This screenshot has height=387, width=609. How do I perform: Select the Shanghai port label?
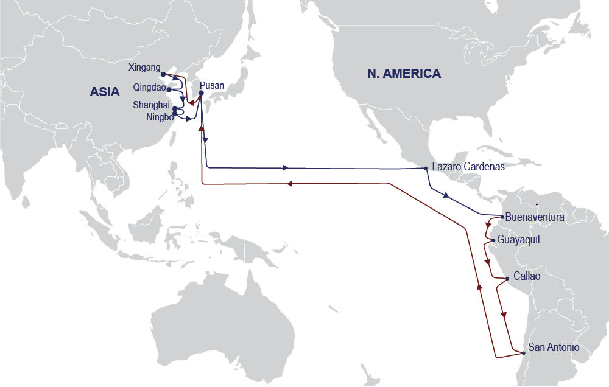coord(151,105)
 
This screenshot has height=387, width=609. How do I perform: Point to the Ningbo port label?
coord(159,117)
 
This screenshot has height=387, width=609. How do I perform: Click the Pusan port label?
coord(212,86)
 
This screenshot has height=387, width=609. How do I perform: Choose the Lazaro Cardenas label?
coord(468,167)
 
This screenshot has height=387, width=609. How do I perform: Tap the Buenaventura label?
coord(535,217)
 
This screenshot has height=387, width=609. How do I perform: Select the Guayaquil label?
coord(518,240)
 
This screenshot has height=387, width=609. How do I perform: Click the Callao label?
coord(527,276)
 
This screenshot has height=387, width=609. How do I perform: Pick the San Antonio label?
coord(554,347)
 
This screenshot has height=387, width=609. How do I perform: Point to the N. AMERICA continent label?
coord(404,74)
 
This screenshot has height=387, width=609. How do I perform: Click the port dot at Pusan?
coord(201,93)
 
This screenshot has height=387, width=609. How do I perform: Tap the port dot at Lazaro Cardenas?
coord(425,169)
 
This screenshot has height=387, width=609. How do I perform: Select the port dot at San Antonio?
coord(523,353)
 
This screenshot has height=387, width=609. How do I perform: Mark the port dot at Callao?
coord(508,279)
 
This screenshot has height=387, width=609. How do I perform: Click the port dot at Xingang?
coord(163,74)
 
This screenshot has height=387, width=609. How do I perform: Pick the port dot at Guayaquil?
coord(493,240)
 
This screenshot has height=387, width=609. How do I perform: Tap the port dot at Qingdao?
coord(169,89)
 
